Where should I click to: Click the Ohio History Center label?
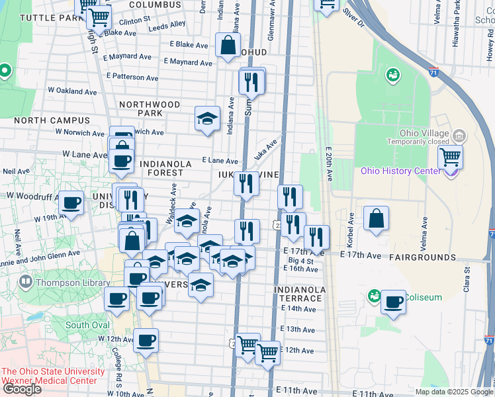(400, 171)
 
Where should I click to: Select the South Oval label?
(87, 325)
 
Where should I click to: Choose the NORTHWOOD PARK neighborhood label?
(150, 109)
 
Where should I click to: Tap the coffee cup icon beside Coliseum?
(393, 302)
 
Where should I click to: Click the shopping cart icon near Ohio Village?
(450, 157)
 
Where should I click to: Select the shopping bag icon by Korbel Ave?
(376, 220)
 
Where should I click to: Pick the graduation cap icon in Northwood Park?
(207, 119)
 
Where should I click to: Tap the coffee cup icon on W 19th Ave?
(71, 203)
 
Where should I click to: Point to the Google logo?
(22, 389)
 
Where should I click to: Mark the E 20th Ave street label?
(329, 163)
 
